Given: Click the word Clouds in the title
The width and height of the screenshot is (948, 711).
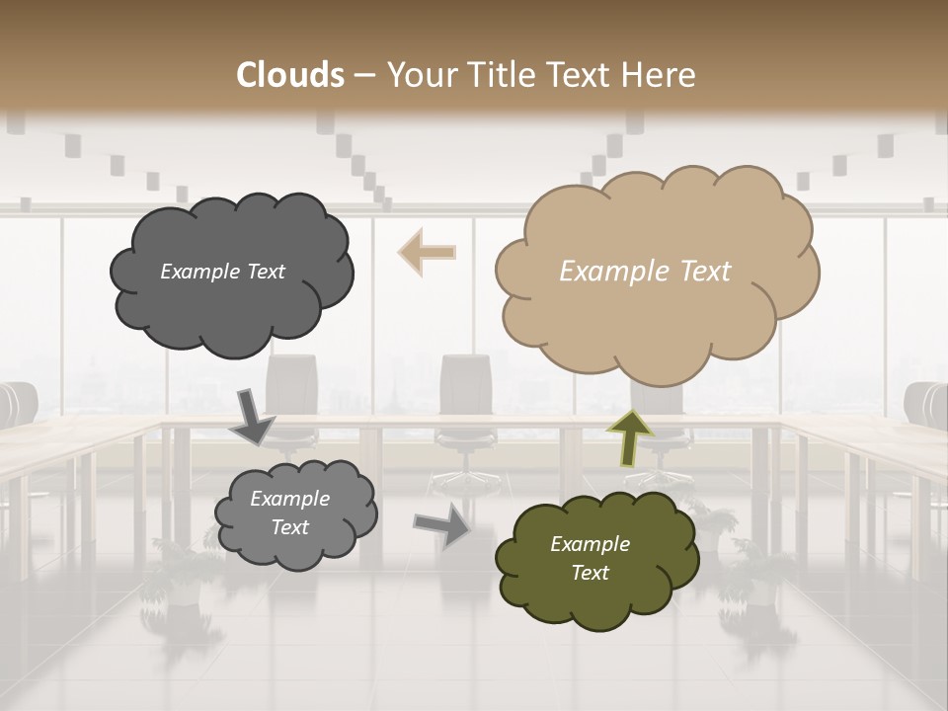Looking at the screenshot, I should [x=291, y=75].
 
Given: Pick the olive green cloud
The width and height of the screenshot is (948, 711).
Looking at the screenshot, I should [x=594, y=559].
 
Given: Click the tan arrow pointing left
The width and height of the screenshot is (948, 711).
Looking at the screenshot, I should [x=427, y=252].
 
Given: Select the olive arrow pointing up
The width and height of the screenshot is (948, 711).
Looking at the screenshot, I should [x=629, y=437].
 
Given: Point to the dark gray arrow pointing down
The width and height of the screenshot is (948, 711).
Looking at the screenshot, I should [x=253, y=416].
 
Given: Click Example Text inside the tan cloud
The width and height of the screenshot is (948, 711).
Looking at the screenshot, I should [x=645, y=272].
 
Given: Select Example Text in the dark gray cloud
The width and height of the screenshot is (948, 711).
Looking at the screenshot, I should [x=222, y=272].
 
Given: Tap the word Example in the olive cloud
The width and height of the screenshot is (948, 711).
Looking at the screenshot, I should [x=590, y=544].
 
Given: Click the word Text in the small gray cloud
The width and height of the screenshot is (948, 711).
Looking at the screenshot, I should [x=289, y=527].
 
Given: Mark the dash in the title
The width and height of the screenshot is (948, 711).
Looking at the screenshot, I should [x=364, y=76].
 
